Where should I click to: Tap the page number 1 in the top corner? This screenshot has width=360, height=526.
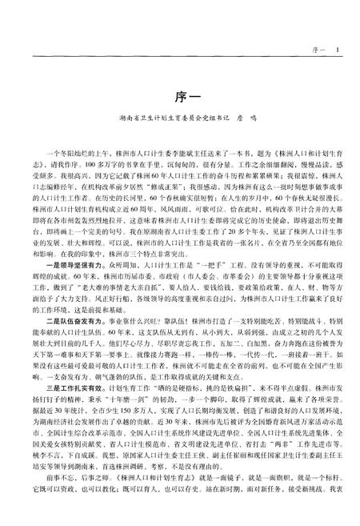coord(338,50)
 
